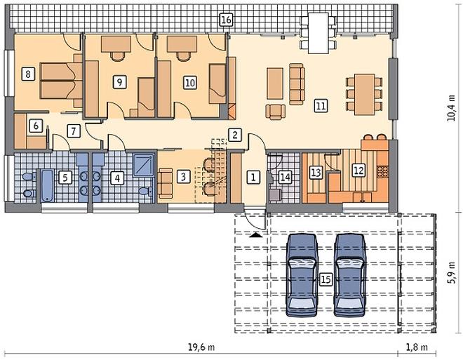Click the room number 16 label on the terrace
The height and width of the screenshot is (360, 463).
click(226, 20)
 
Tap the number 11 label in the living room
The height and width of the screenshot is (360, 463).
click(321, 105)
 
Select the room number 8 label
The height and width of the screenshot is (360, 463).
click(28, 74)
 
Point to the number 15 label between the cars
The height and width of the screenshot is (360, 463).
click(326, 279)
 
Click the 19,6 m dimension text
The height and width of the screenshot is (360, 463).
click(201, 347)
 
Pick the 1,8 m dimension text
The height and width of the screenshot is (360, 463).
click(417, 347)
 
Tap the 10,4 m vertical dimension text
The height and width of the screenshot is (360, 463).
click(451, 108)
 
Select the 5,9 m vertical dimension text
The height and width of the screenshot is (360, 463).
click(451, 272)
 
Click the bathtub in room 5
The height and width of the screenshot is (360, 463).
click(47, 185)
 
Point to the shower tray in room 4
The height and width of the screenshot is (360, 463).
click(144, 165)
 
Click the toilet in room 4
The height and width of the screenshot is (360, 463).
click(145, 191)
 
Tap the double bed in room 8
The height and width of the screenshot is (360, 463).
click(61, 80)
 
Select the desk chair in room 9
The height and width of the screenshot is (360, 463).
click(118, 56)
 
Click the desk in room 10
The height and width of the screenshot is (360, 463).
click(182, 44)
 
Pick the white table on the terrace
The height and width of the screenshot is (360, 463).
click(318, 33)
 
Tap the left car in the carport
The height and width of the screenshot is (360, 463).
click(302, 275)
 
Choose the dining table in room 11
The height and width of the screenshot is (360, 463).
click(364, 95)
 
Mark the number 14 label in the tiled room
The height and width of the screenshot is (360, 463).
click(286, 177)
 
